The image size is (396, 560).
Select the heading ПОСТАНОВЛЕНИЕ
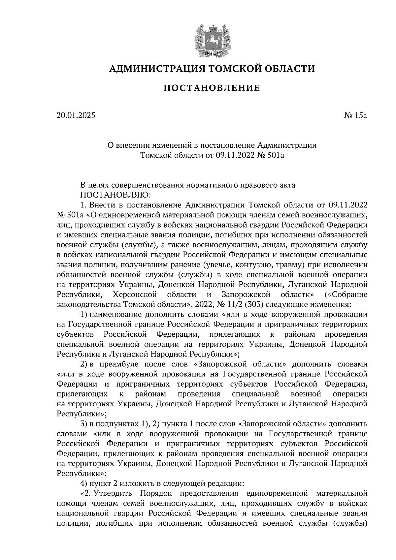click(x=212, y=88)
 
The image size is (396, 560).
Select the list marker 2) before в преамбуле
click(x=84, y=364)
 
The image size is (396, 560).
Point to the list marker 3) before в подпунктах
click(x=84, y=423)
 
